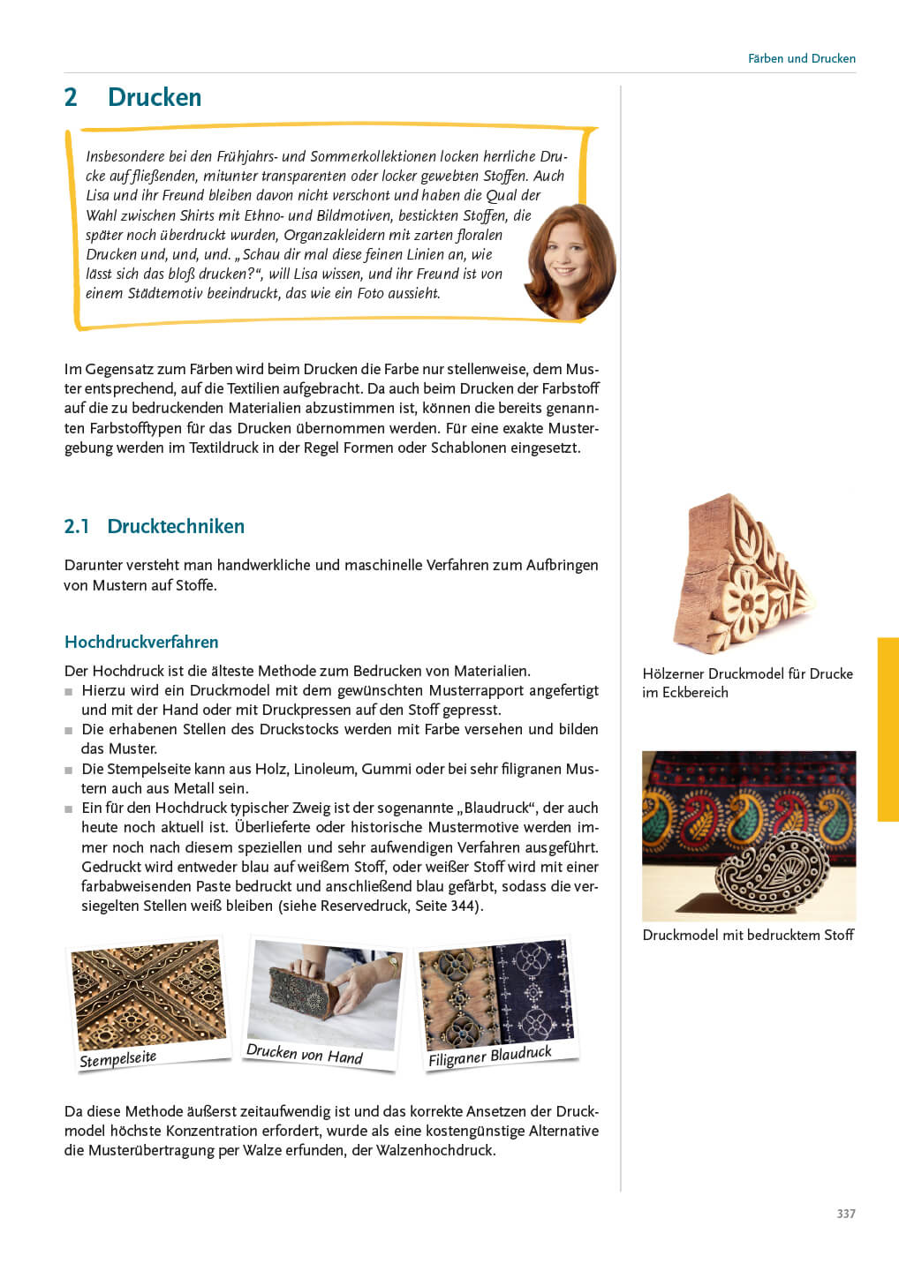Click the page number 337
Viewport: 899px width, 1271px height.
(845, 1214)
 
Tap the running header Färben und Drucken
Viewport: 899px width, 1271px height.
(801, 58)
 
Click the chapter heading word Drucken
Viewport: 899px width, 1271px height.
(155, 97)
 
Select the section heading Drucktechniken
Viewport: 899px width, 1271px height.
(176, 526)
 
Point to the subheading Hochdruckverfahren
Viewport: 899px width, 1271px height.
(141, 642)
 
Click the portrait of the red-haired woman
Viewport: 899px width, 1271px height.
(570, 261)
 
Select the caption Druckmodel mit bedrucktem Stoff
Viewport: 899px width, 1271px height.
(748, 935)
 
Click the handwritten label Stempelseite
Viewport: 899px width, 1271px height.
(117, 1058)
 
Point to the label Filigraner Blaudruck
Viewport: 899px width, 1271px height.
(489, 1056)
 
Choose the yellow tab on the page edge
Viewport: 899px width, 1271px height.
(888, 729)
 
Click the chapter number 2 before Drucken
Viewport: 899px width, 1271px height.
(71, 97)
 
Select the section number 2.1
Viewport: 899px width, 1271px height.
(77, 526)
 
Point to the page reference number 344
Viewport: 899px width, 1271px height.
(463, 906)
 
